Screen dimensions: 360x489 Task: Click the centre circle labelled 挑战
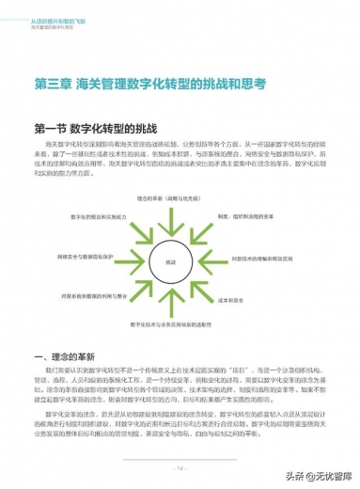170,262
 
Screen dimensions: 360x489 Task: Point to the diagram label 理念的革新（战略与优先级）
170,199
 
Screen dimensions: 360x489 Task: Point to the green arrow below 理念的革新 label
170,222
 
